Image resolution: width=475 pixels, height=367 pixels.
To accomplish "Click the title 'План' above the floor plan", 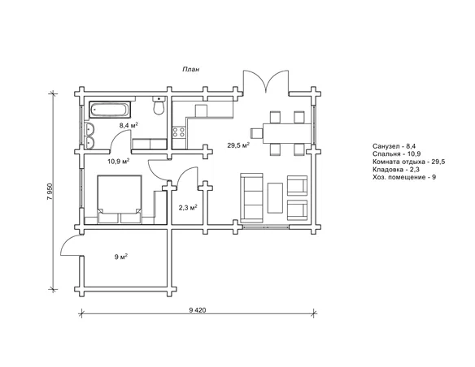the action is [x=191, y=70].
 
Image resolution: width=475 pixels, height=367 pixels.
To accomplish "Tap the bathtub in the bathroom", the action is [x=110, y=110].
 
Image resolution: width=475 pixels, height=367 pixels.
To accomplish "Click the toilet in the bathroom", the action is [x=159, y=106].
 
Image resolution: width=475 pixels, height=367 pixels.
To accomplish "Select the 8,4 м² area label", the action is [x=129, y=125].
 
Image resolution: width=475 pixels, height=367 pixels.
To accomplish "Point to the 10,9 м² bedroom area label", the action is [x=118, y=161].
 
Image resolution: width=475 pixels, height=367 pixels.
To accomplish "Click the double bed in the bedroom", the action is [x=120, y=200].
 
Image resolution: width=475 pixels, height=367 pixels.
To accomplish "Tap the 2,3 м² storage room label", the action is [x=188, y=208].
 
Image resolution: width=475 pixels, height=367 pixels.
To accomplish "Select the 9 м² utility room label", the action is [x=121, y=257].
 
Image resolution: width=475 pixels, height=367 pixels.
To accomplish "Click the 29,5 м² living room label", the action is [x=238, y=145].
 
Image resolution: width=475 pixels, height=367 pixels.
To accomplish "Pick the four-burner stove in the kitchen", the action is [x=179, y=132].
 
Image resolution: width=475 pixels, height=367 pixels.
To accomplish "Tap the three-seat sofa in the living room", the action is [x=251, y=198].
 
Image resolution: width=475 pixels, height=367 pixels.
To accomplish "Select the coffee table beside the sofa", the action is [x=275, y=197].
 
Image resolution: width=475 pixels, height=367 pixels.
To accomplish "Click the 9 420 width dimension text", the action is [x=197, y=310].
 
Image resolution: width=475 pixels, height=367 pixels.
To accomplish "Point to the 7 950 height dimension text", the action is [x=50, y=192].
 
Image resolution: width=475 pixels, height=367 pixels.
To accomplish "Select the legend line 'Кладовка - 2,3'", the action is [x=396, y=170].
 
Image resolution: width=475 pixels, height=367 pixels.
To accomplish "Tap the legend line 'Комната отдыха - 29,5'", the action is [x=409, y=162].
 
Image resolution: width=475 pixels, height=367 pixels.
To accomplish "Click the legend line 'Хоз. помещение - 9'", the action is [x=404, y=177].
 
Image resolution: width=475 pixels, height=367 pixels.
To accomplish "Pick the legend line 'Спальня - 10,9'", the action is [x=397, y=154].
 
